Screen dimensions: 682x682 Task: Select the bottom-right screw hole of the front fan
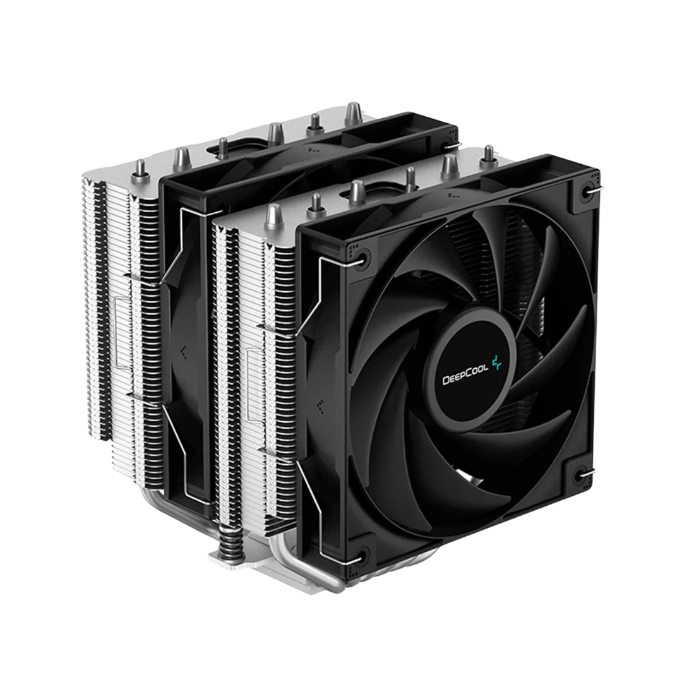(580, 474)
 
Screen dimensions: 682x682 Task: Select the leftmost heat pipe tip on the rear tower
(140, 169)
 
